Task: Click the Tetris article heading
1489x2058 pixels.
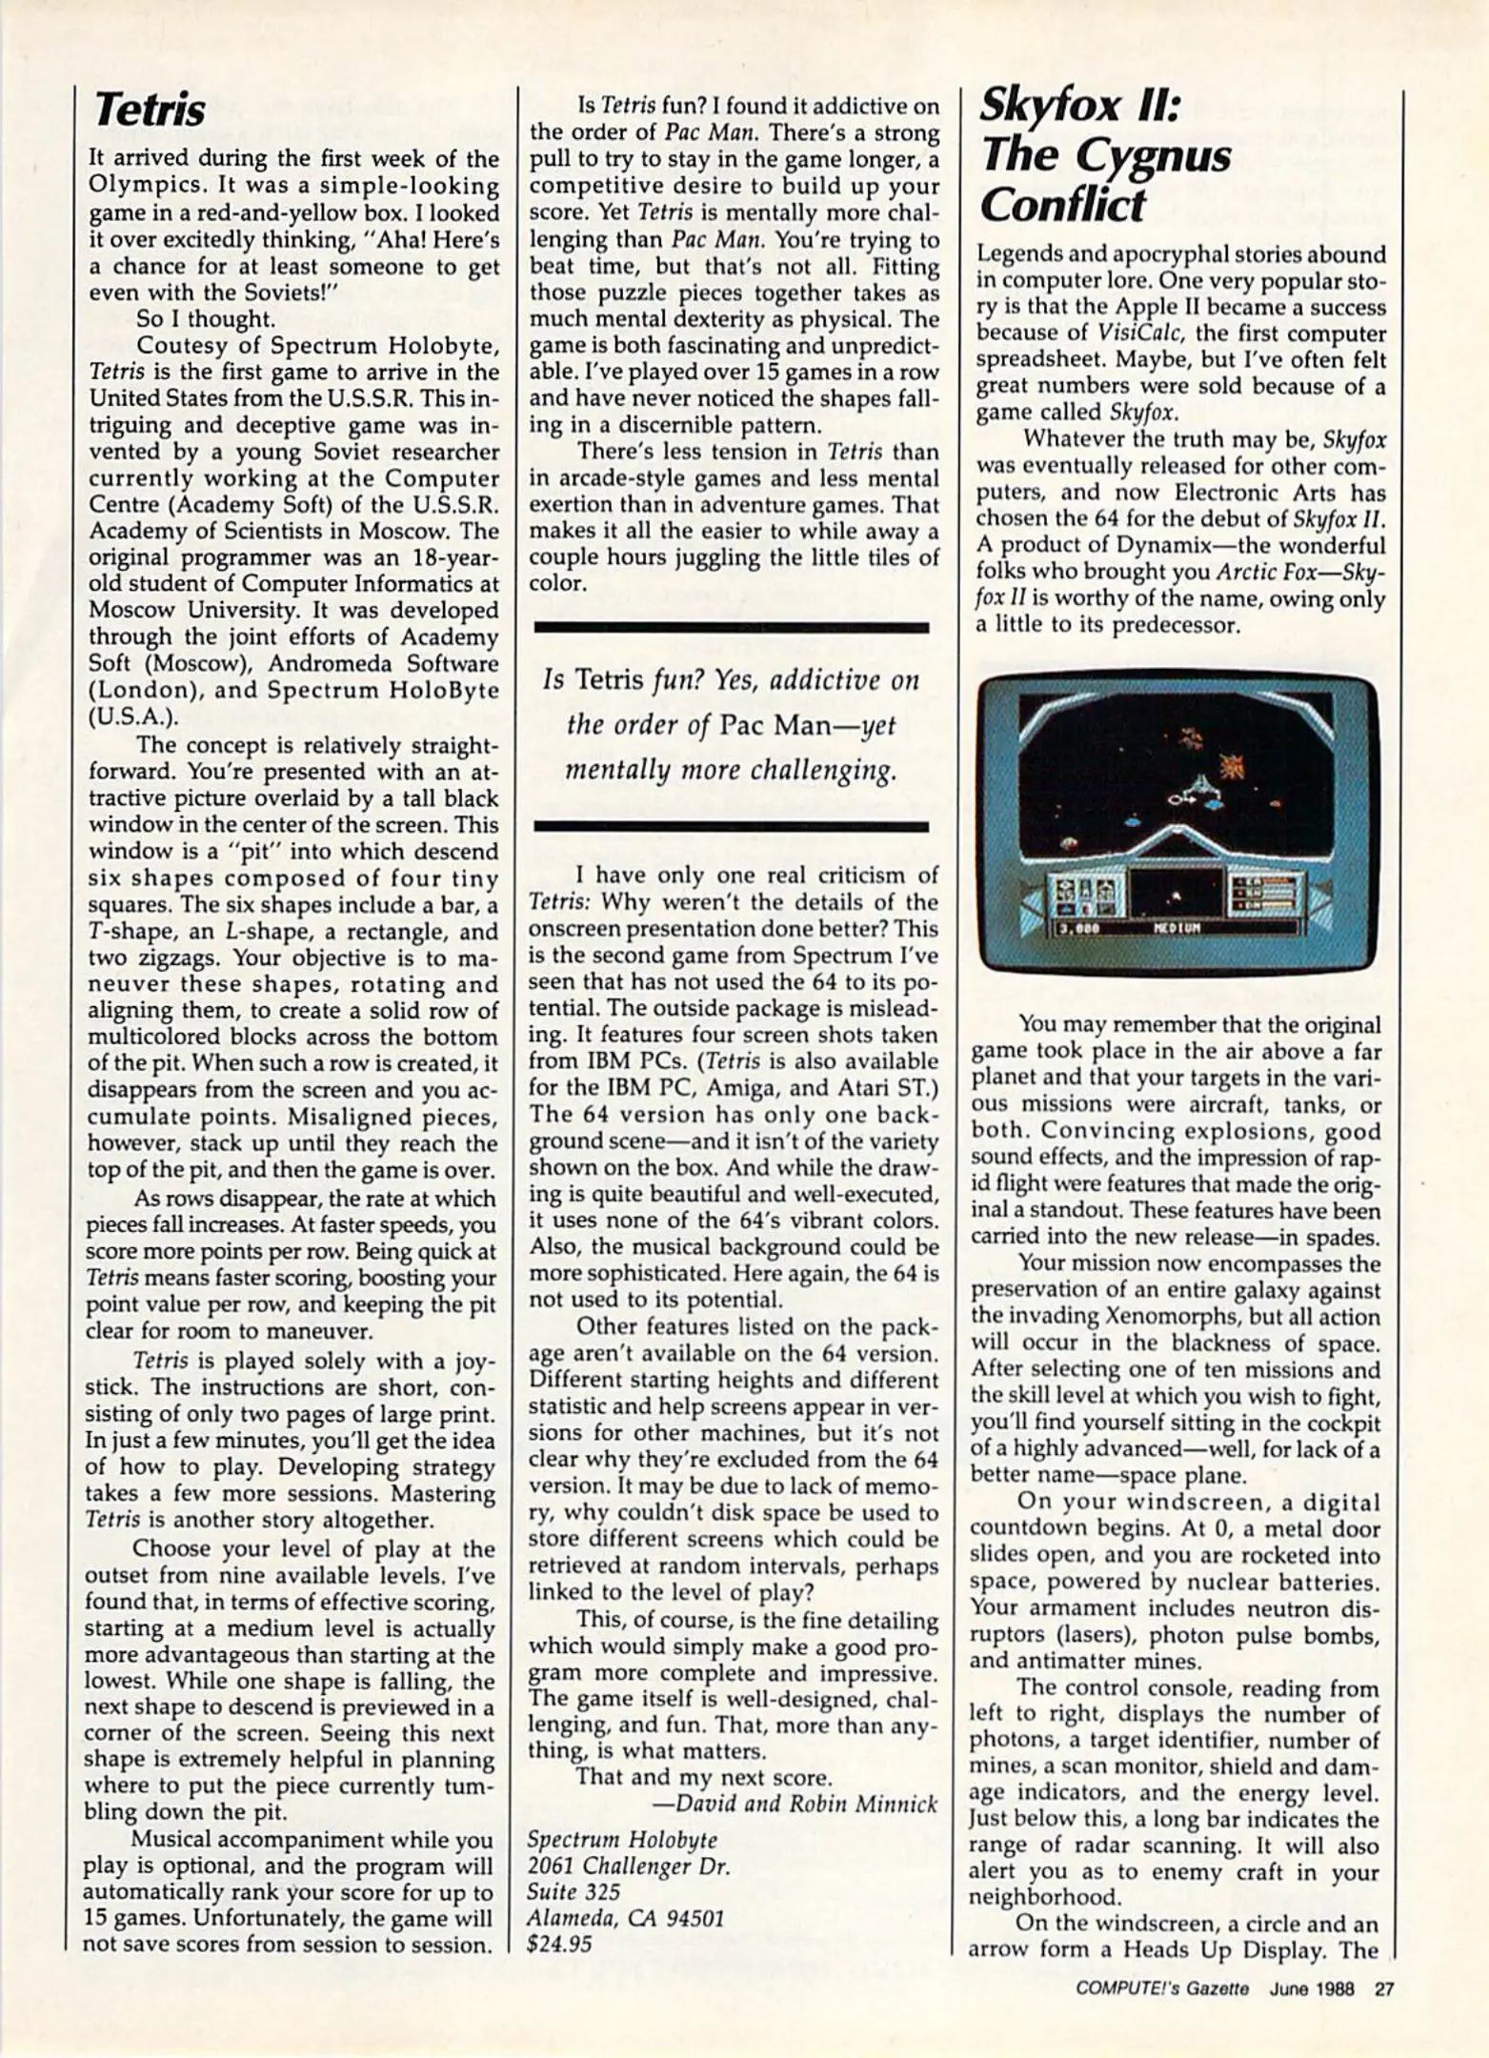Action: (x=150, y=111)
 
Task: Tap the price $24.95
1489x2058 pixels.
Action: (x=559, y=1944)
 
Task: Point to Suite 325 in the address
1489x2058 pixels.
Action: (x=573, y=1891)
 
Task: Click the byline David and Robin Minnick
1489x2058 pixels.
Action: (x=795, y=1804)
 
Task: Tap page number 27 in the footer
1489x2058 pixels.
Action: (x=1383, y=1988)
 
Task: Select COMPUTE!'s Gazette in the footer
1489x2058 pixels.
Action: (x=1161, y=1988)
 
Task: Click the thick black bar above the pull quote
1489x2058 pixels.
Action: (x=731, y=627)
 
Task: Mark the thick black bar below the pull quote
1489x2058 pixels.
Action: (x=731, y=827)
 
